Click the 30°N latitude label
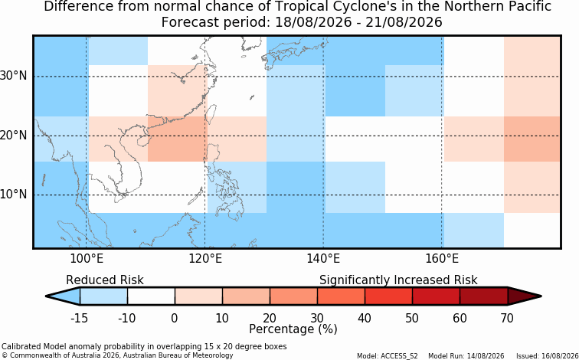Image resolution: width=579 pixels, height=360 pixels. coord(14,77)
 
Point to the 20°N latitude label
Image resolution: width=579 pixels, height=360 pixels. coord(14,136)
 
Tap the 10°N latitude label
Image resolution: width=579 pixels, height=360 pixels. coord(14,195)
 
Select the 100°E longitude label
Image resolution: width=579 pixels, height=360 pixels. coord(87,259)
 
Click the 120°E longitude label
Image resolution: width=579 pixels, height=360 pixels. coord(205,259)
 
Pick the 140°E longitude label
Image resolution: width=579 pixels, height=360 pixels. coord(323,259)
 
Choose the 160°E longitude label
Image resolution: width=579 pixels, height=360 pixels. coord(442,259)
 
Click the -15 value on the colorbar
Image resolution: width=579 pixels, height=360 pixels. coord(79,318)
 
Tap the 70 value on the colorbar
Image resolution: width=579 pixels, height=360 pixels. coord(507,318)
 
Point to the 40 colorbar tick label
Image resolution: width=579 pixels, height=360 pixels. coord(365,318)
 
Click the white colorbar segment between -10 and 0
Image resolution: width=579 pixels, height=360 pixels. coord(151,296)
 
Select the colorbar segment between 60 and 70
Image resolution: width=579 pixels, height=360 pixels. coord(484,296)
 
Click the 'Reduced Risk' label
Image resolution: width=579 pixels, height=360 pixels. coord(105,280)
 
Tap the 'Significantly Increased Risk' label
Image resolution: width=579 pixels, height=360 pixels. coord(398,280)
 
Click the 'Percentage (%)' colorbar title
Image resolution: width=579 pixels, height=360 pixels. coord(293,329)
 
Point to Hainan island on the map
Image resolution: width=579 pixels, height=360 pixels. coord(143,141)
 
